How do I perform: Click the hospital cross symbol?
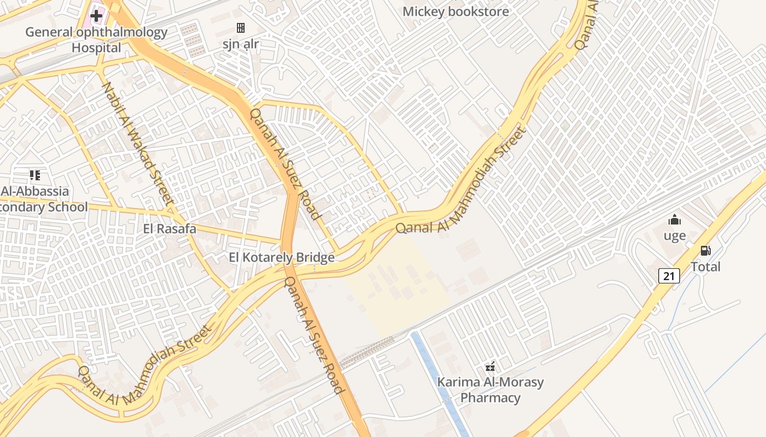[96, 16]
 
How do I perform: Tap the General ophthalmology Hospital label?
[96, 40]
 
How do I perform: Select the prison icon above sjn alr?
[240, 27]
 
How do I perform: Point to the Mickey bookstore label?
[456, 11]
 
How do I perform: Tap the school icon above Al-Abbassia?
[35, 175]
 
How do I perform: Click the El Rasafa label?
[170, 229]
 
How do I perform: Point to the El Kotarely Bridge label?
[282, 258]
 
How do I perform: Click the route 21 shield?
[669, 276]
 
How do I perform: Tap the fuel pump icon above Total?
[706, 251]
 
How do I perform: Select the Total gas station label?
[706, 267]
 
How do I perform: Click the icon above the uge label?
[675, 220]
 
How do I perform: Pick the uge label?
[675, 236]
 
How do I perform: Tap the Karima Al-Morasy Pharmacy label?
[490, 389]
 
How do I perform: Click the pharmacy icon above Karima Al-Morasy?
[491, 366]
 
